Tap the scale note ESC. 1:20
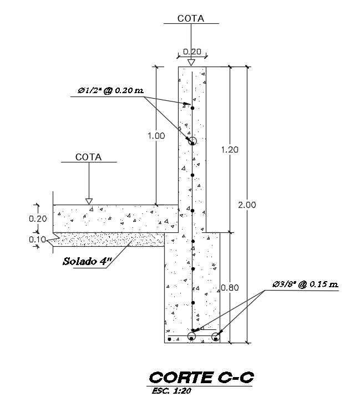click(170, 390)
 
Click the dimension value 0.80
click(229, 288)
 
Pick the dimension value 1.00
click(157, 135)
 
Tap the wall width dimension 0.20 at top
click(192, 52)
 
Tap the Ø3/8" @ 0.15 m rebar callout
click(305, 285)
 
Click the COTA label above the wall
click(191, 18)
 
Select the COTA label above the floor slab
click(89, 157)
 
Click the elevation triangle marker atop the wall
click(191, 62)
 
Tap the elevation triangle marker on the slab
click(89, 201)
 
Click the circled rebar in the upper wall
click(192, 141)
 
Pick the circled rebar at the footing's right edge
click(216, 336)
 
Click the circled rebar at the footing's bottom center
click(191, 336)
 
